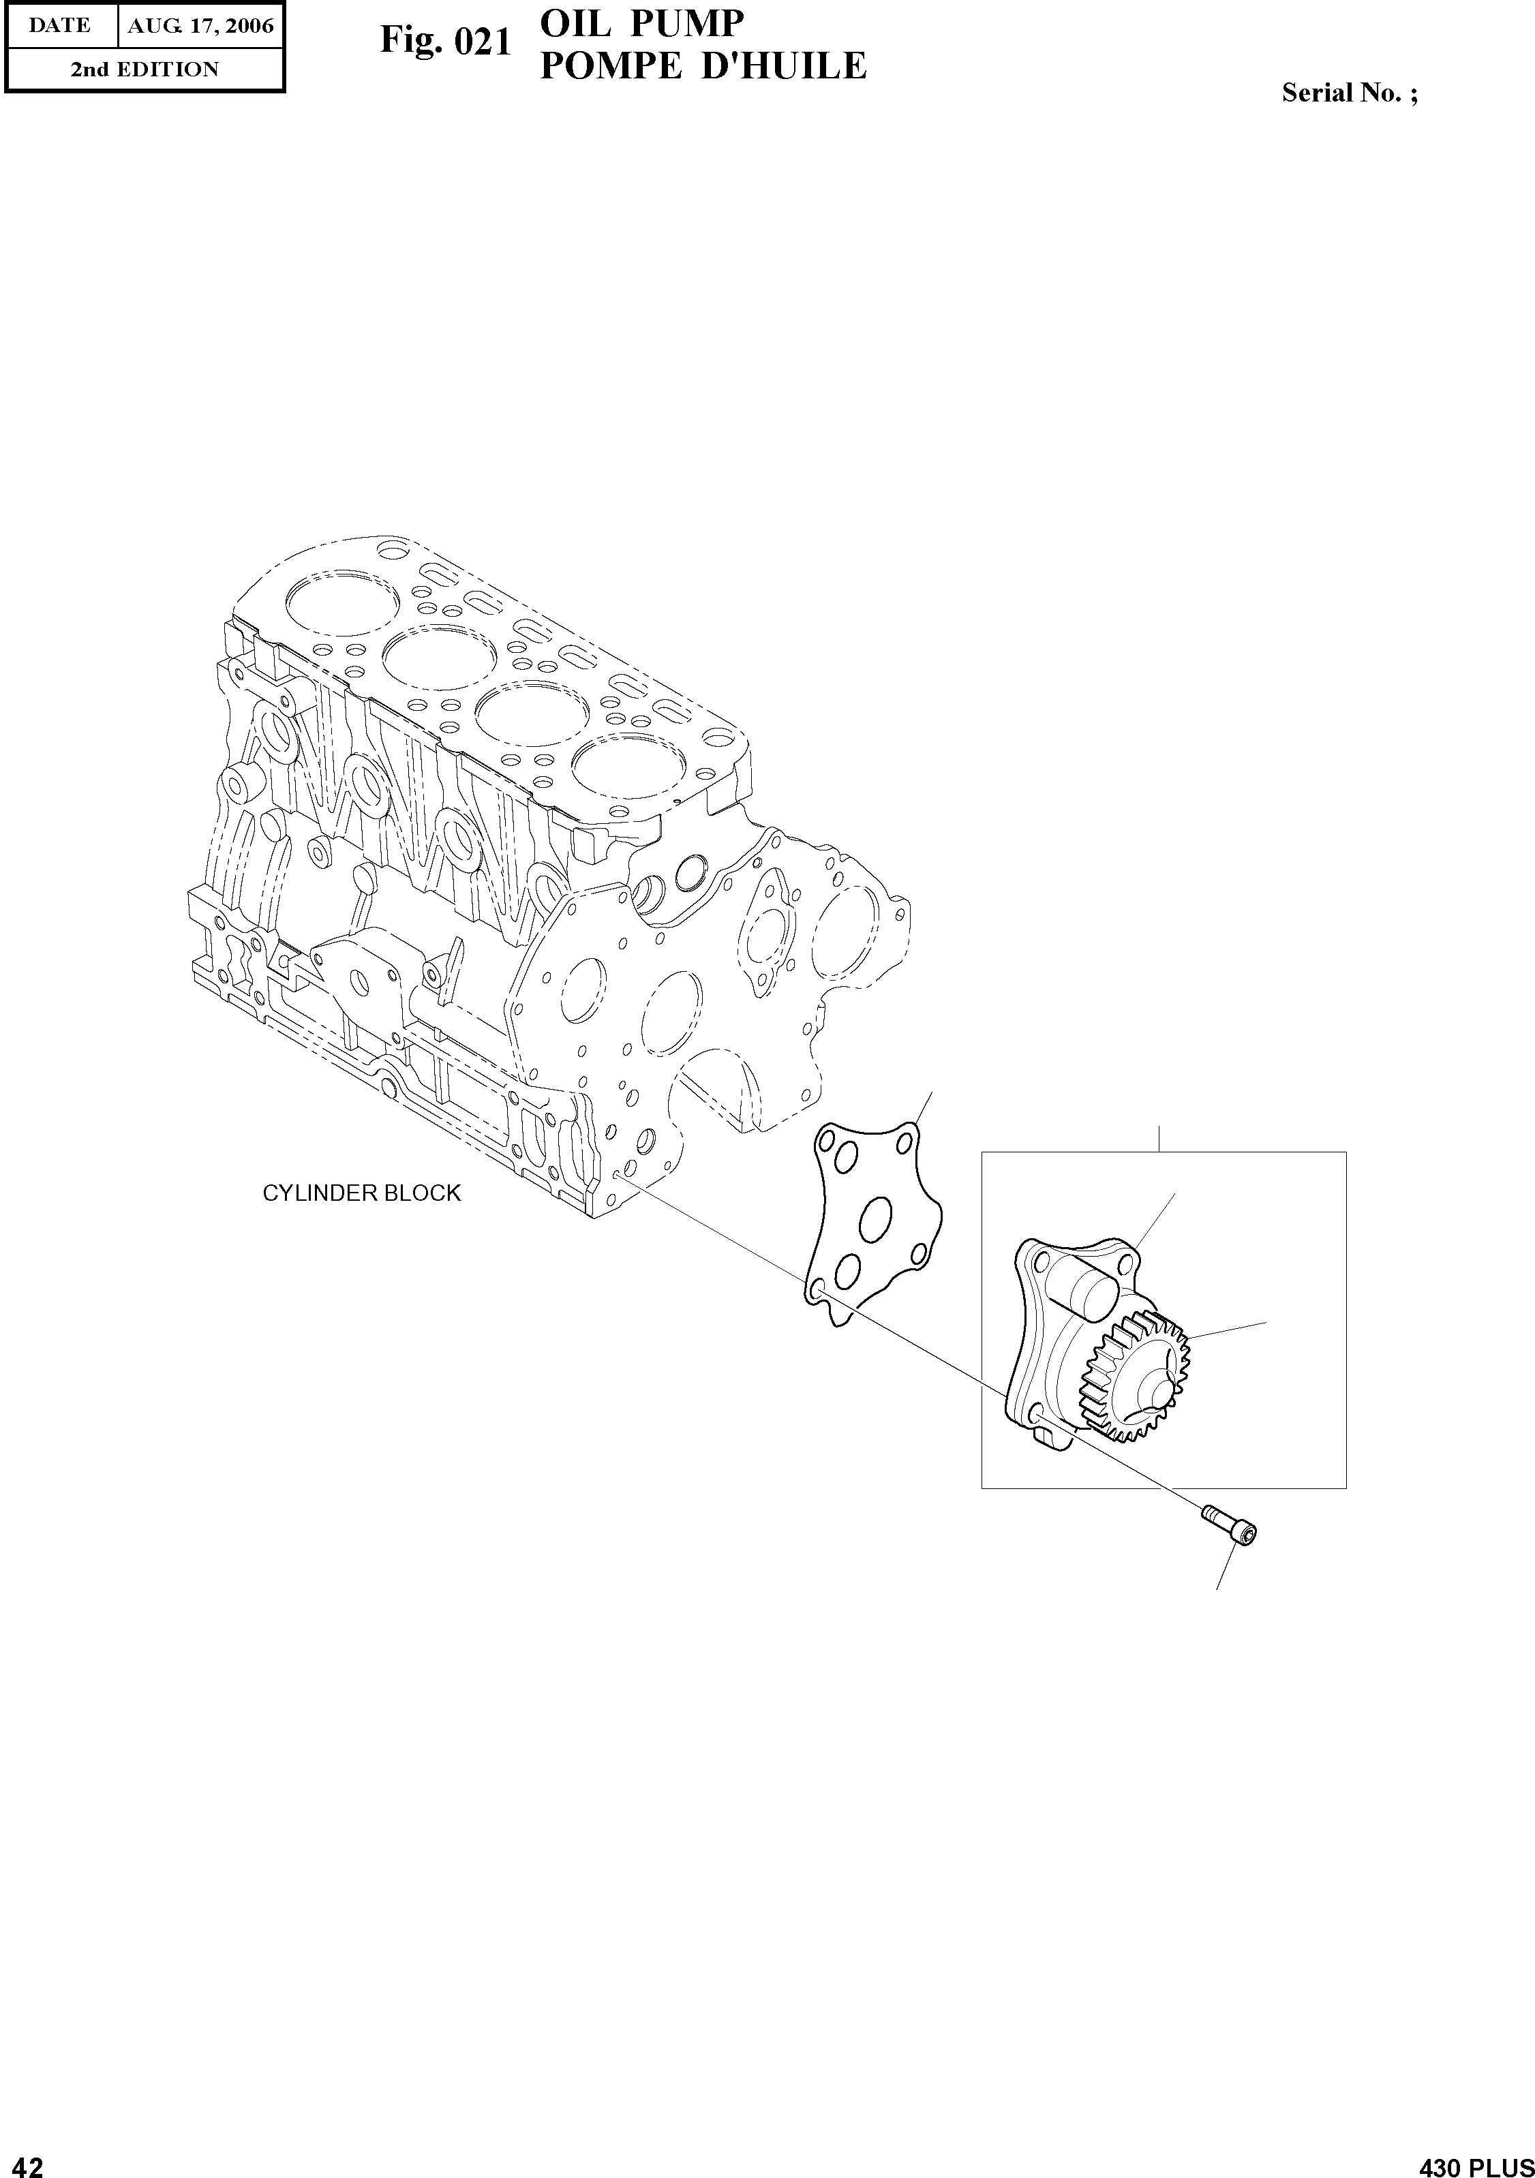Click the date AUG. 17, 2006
[x=200, y=26]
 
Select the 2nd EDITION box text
[x=145, y=70]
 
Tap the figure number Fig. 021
[x=446, y=42]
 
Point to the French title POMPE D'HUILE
[x=702, y=66]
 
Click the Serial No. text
[x=1349, y=93]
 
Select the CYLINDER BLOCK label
[x=361, y=1193]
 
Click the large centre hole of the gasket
[x=877, y=1220]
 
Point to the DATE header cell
[x=60, y=26]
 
